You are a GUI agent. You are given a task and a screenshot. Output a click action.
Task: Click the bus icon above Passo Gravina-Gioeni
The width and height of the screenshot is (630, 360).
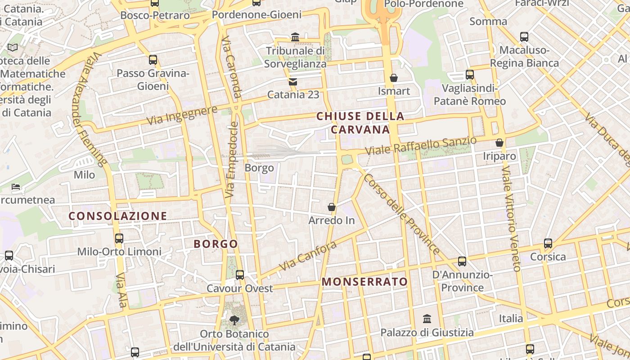tap(153, 59)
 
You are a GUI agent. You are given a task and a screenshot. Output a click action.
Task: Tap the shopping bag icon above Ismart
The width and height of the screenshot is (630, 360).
tap(394, 78)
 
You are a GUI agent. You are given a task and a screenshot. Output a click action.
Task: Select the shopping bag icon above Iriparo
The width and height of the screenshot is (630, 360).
tap(499, 143)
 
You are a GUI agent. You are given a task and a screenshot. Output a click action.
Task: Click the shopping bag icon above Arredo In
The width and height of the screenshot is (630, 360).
tap(332, 207)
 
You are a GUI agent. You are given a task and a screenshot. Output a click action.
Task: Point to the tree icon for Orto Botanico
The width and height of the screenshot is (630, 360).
tap(234, 320)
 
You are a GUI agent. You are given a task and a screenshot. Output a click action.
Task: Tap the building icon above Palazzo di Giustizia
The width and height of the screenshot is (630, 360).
tap(427, 319)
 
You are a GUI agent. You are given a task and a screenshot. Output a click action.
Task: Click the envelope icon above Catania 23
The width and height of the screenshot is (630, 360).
tap(293, 81)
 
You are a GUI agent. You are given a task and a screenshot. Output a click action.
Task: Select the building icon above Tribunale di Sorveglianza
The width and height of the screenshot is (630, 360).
tap(295, 37)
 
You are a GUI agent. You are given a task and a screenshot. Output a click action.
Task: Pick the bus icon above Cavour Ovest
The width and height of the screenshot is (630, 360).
tap(240, 274)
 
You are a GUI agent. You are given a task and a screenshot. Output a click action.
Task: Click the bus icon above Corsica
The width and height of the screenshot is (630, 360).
tap(548, 243)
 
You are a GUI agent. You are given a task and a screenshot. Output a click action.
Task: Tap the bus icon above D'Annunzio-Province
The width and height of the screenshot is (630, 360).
tap(462, 261)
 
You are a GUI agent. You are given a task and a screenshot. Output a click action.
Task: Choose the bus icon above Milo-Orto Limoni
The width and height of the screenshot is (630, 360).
tap(119, 238)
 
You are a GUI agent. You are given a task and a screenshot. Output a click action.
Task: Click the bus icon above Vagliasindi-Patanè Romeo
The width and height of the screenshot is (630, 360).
tap(470, 75)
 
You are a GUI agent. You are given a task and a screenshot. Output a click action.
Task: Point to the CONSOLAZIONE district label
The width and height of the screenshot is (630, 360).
tap(118, 216)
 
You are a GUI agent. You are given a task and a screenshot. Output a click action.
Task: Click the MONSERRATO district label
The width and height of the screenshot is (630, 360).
tap(365, 282)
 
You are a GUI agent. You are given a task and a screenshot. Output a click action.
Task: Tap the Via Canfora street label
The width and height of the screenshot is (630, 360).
tap(308, 256)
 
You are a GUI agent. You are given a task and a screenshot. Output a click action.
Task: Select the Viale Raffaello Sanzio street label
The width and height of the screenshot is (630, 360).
tap(420, 146)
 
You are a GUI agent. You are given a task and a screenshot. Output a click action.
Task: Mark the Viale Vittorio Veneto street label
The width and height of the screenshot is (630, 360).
tap(511, 219)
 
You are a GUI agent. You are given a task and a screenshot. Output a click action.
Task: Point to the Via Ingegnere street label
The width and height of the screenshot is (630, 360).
tap(182, 115)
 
